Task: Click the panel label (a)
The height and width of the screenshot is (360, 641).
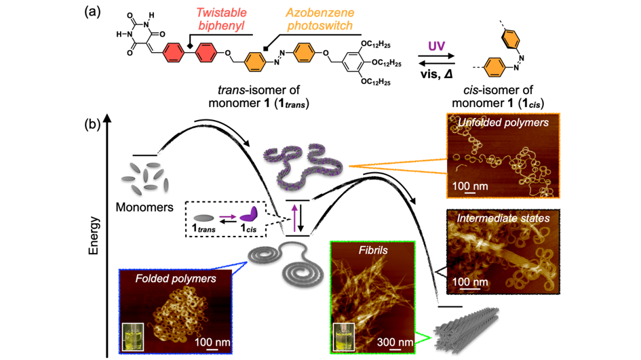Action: click(92, 12)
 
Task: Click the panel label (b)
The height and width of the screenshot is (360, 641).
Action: click(92, 123)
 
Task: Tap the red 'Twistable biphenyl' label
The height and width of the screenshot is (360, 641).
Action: click(222, 19)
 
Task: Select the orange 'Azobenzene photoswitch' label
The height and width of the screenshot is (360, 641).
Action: click(319, 19)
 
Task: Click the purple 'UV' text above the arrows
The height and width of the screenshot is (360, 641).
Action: click(436, 46)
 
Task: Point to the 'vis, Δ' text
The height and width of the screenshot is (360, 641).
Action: click(436, 75)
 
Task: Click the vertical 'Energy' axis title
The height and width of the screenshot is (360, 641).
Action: click(94, 236)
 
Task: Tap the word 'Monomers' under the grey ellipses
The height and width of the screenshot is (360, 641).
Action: click(144, 207)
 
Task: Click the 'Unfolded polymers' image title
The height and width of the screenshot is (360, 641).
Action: click(503, 123)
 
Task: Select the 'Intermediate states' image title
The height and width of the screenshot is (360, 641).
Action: click(503, 218)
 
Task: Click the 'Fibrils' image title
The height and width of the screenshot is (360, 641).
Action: click(373, 250)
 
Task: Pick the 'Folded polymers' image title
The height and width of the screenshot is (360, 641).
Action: click(176, 279)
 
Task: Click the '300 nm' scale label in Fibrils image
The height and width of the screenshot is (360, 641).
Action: click(395, 342)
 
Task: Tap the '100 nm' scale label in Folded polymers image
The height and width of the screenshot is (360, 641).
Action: click(212, 342)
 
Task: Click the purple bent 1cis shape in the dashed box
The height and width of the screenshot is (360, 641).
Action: click(248, 215)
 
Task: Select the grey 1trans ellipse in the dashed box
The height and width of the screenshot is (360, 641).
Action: click(203, 218)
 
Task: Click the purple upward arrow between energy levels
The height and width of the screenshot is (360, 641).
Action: click(294, 218)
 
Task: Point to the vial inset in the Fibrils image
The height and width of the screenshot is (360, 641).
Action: click(344, 337)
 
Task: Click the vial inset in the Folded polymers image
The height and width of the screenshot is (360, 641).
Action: click(133, 337)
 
